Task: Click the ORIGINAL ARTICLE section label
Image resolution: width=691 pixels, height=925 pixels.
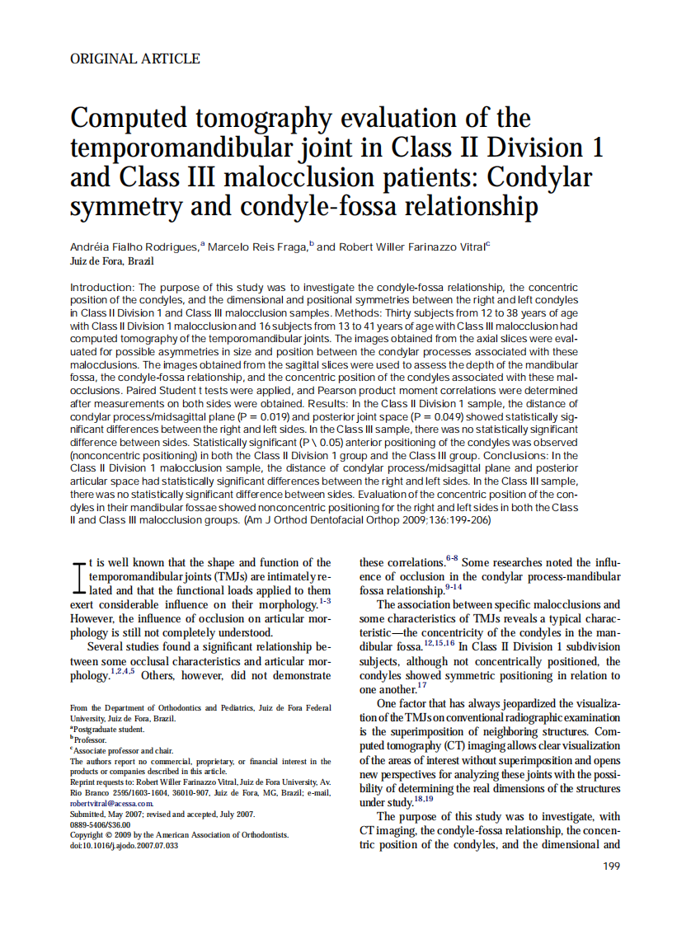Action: [x=135, y=59]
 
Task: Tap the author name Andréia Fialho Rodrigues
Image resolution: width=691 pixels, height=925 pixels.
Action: [x=134, y=247]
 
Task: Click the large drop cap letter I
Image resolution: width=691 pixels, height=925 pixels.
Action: [x=79, y=577]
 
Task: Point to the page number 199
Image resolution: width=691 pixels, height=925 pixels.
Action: [x=611, y=866]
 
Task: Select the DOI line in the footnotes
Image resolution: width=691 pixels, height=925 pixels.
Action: [x=124, y=845]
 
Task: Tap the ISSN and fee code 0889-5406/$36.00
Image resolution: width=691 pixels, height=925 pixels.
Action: [x=100, y=824]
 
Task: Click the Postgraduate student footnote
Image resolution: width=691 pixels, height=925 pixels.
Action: [x=109, y=730]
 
